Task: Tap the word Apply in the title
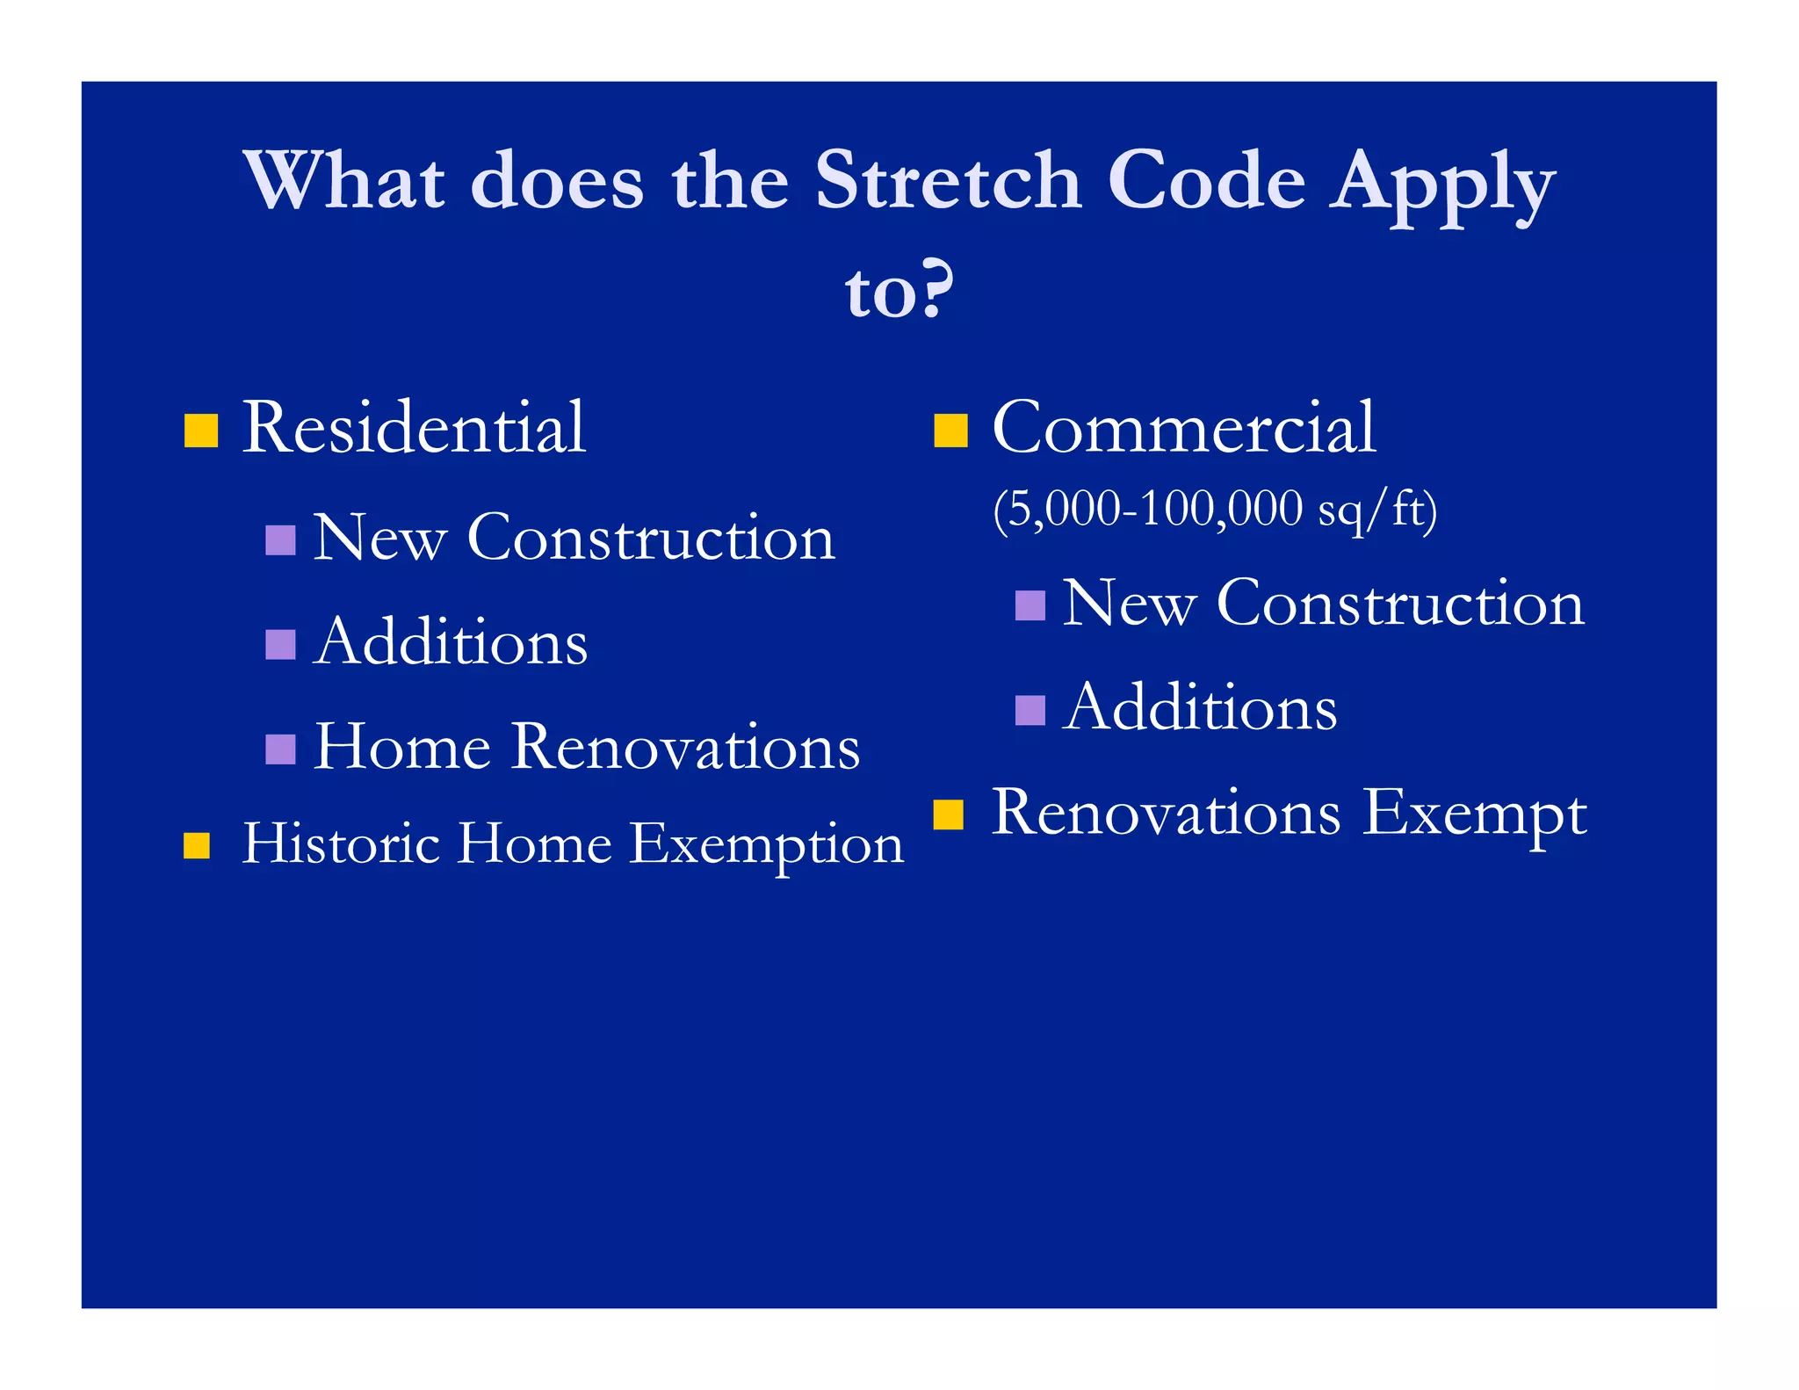(x=1441, y=185)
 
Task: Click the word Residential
(x=414, y=428)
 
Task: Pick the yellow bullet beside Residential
(x=201, y=431)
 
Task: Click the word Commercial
(x=1183, y=428)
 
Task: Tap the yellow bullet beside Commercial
(x=950, y=431)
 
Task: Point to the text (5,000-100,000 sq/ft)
(x=1215, y=509)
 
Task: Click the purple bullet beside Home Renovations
(x=280, y=749)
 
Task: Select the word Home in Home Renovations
(x=402, y=747)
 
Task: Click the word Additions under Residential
(x=451, y=642)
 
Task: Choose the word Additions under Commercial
(x=1200, y=708)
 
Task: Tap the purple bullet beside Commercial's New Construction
(x=1030, y=605)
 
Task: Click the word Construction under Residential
(x=651, y=538)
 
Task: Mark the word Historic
(x=341, y=843)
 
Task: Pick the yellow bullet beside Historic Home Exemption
(x=197, y=845)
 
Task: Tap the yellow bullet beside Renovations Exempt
(x=949, y=814)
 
